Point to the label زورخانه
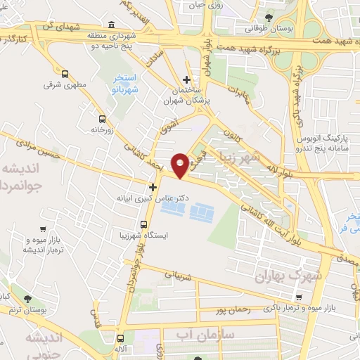pyautogui.click(x=103, y=129)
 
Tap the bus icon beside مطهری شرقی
pyautogui.click(x=65, y=74)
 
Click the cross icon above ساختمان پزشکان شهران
pyautogui.click(x=186, y=79)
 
